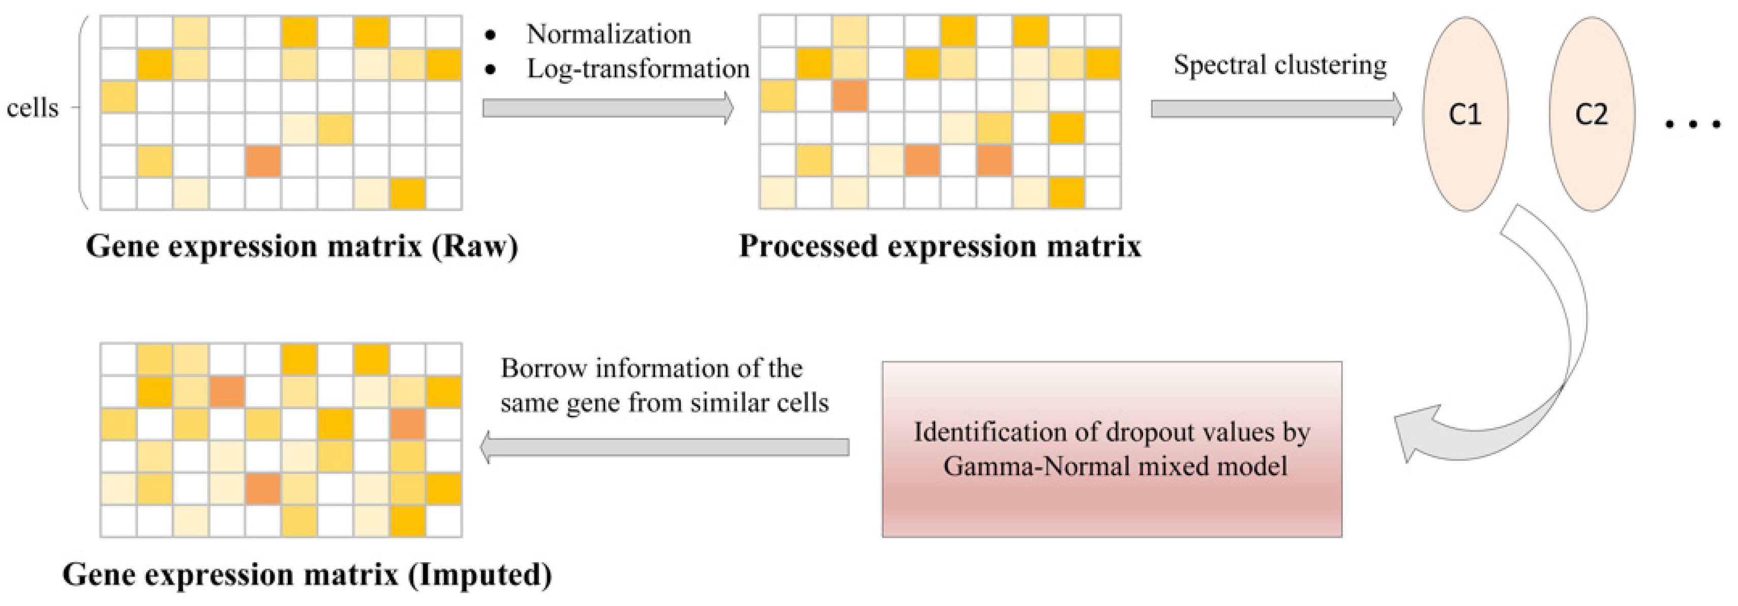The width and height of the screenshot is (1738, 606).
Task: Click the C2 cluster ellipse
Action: coord(1591,114)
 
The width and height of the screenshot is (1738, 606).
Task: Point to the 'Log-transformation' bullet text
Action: coord(638,69)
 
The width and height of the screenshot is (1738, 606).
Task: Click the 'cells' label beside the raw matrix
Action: coord(33,108)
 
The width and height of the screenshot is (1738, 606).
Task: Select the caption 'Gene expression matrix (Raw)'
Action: coord(302,247)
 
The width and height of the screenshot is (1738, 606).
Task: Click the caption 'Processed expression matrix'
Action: coord(940,247)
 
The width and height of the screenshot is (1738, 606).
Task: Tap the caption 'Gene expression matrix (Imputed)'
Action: coord(307,575)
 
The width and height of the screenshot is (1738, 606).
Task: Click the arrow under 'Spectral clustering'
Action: coord(1275,109)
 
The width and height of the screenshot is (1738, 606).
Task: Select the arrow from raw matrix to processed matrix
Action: coord(607,109)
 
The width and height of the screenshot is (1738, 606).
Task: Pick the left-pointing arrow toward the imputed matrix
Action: coord(665,447)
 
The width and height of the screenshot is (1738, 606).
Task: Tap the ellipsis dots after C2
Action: coord(1692,124)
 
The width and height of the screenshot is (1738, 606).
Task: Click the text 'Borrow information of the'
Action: coord(651,368)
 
